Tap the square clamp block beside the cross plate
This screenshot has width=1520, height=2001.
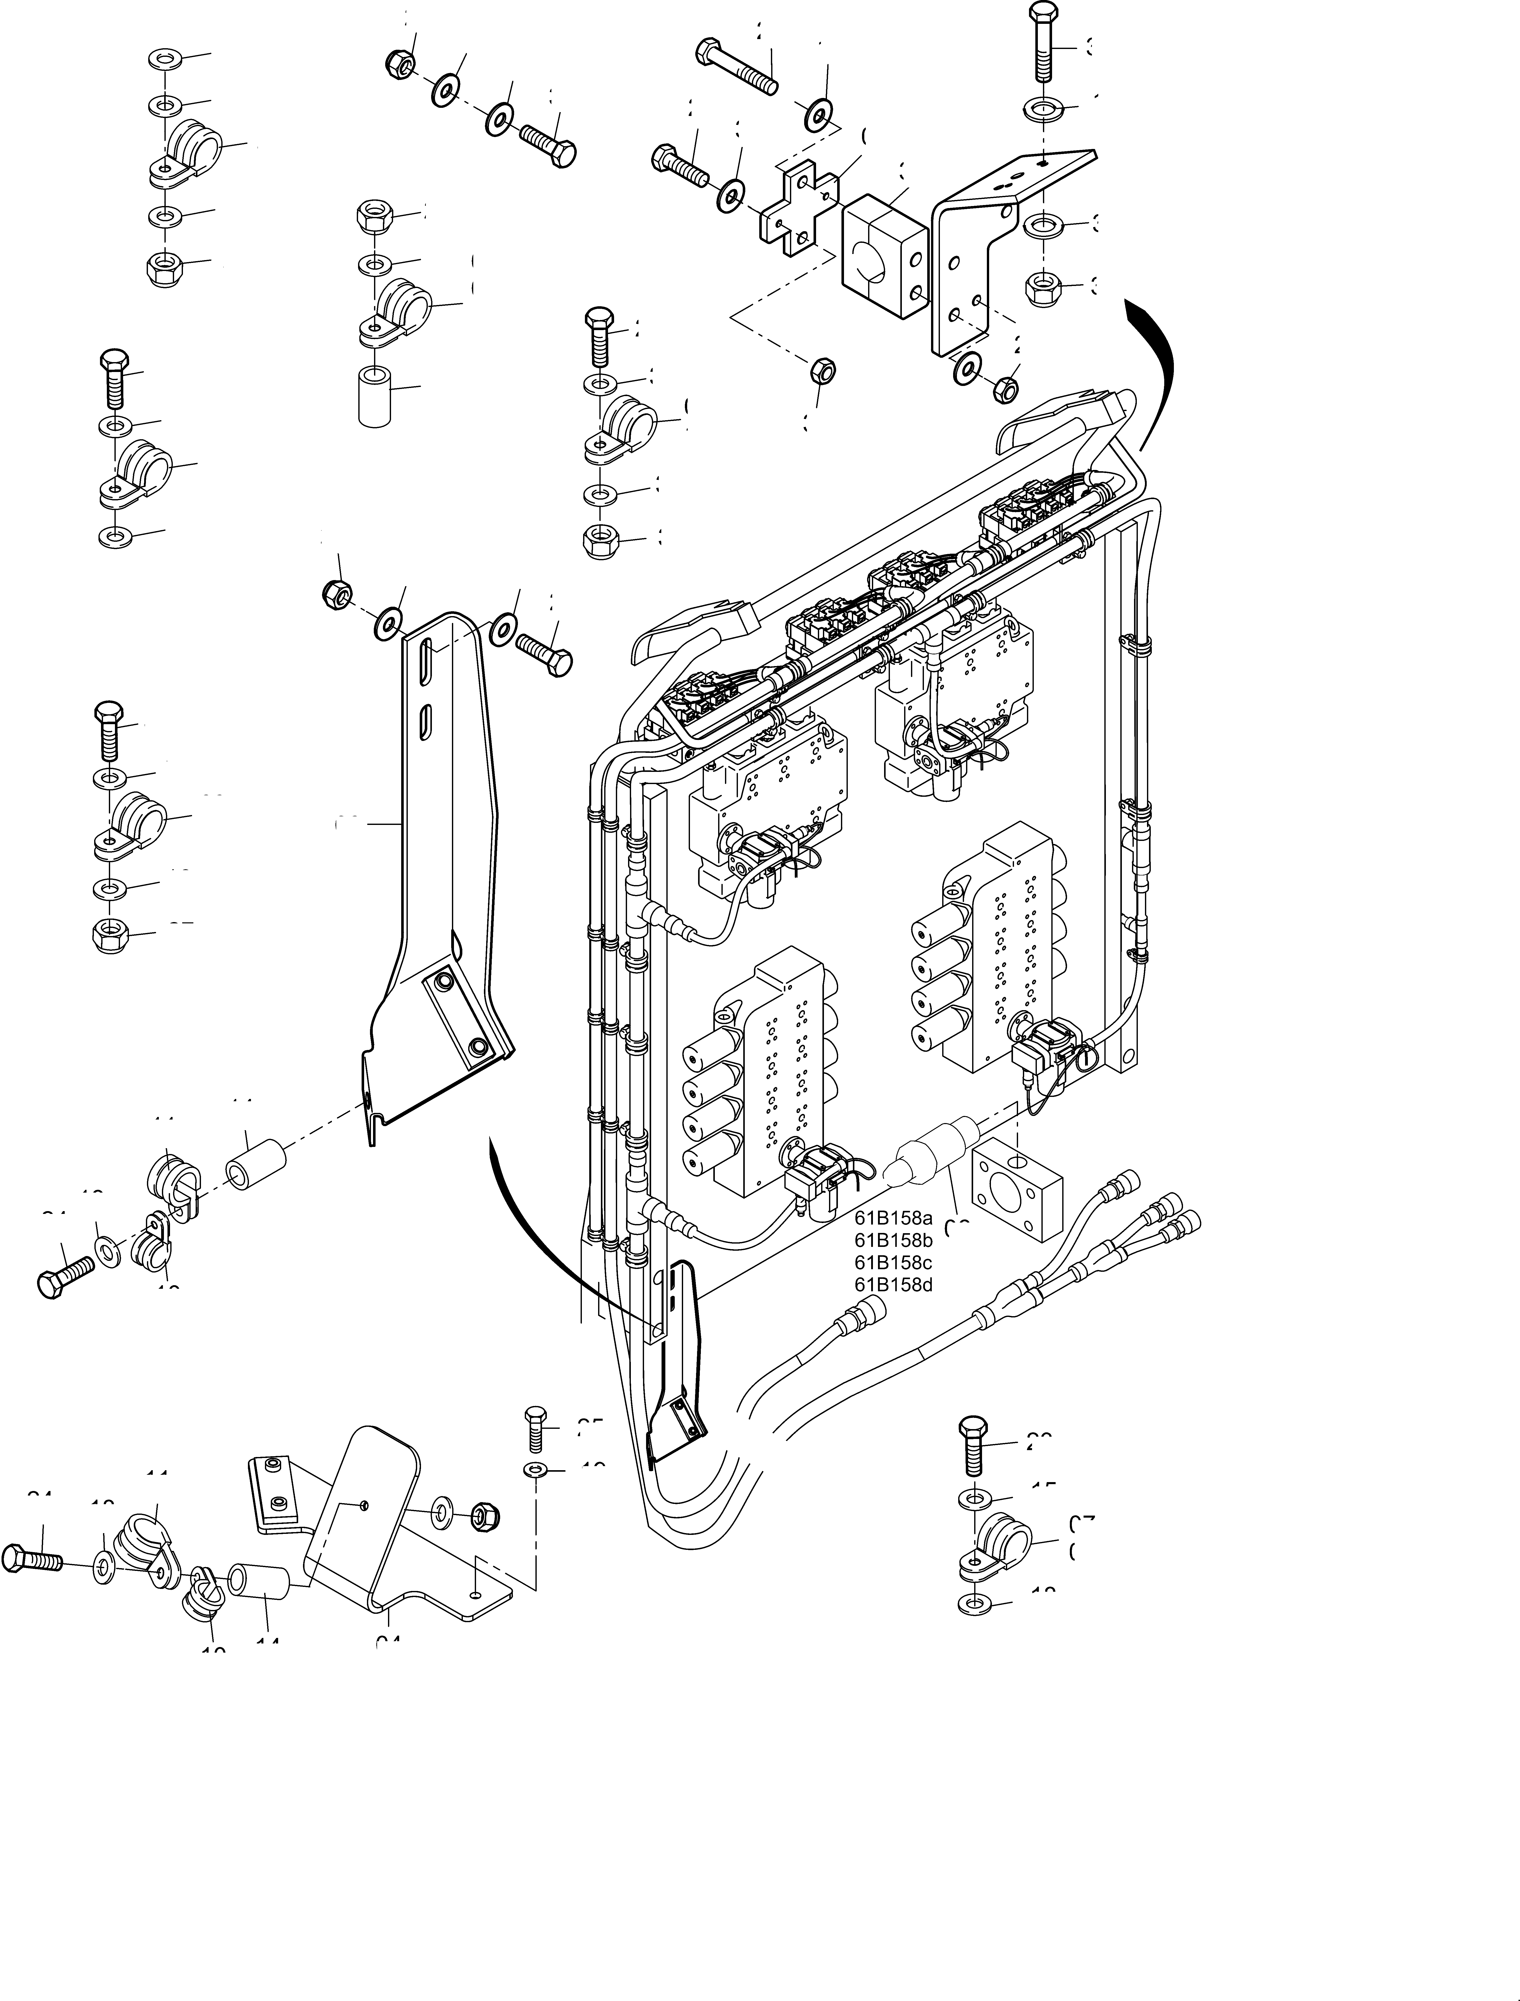click(885, 256)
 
